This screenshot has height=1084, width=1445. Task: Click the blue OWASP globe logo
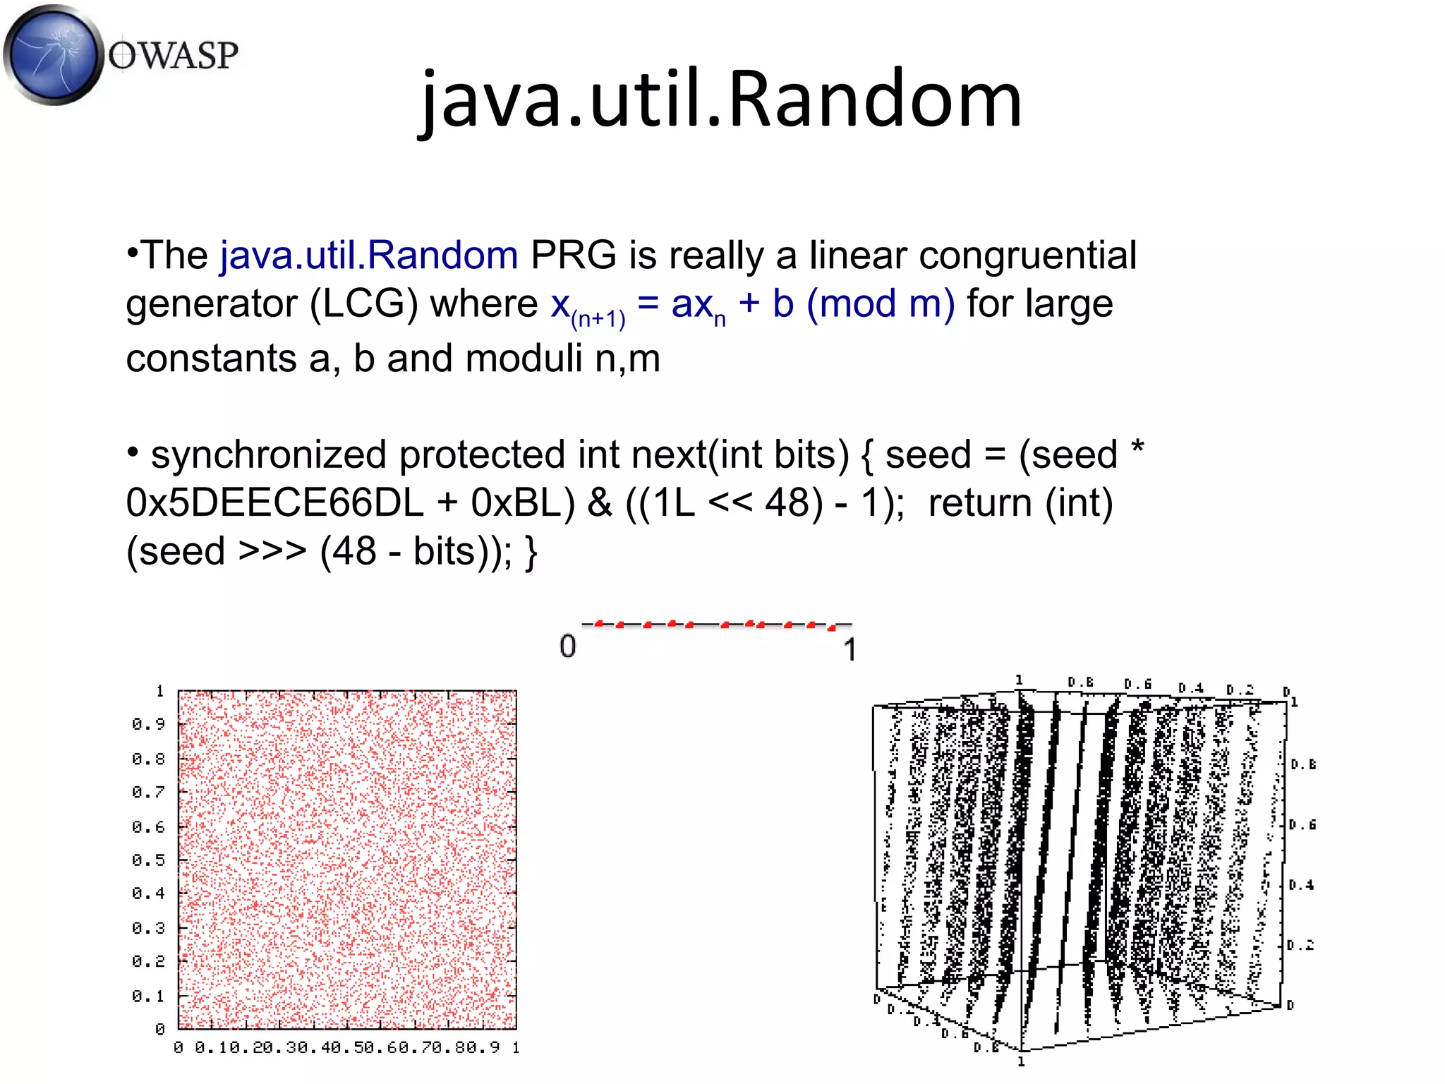click(x=52, y=54)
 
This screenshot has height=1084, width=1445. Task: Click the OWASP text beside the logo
click(x=174, y=55)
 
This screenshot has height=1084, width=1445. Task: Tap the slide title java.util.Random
click(x=720, y=99)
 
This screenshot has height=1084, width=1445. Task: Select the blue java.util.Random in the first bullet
click(x=369, y=255)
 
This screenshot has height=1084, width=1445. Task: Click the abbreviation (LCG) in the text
click(x=364, y=304)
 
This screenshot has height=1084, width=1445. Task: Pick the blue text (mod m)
click(x=881, y=304)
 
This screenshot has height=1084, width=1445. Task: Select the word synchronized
click(x=268, y=454)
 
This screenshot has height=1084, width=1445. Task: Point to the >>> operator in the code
click(x=272, y=551)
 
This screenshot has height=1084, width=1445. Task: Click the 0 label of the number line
click(x=568, y=646)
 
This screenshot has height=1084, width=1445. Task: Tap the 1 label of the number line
click(x=850, y=649)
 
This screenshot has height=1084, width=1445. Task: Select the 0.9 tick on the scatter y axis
click(x=148, y=724)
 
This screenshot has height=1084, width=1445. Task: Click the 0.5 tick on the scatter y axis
click(x=148, y=860)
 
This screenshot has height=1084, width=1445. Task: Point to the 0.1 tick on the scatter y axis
click(x=148, y=996)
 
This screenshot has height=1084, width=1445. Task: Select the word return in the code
click(x=980, y=503)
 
